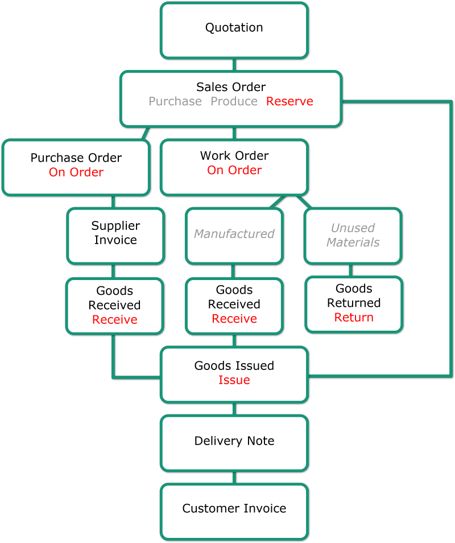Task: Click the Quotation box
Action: [x=234, y=30]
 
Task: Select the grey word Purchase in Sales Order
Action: [x=175, y=101]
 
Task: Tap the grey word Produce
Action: [x=234, y=101]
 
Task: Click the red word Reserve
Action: [x=289, y=101]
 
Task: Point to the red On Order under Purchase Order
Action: [x=76, y=172]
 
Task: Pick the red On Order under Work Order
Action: [x=234, y=170]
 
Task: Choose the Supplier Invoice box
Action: [x=115, y=236]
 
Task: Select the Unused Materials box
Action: [x=353, y=236]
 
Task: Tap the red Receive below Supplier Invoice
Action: [x=115, y=320]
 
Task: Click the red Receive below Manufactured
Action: [x=234, y=319]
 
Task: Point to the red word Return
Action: [x=354, y=318]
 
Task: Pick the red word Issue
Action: [x=234, y=380]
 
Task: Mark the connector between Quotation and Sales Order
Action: [x=234, y=65]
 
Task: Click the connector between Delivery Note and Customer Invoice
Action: [x=234, y=477]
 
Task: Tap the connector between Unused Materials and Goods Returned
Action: [x=350, y=270]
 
